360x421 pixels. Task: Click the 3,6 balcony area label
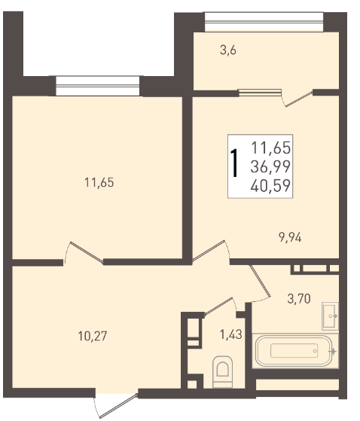(228, 50)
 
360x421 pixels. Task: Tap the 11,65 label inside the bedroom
(99, 182)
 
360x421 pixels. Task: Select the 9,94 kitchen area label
(290, 237)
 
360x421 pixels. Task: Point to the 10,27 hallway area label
(93, 336)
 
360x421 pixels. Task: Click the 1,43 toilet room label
(231, 334)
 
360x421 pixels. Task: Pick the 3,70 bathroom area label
(299, 298)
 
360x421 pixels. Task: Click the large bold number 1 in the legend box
(235, 163)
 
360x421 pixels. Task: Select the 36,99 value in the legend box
(270, 166)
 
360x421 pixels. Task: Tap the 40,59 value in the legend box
(270, 185)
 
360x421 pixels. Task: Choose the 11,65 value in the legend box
(271, 148)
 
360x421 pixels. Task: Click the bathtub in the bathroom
(294, 351)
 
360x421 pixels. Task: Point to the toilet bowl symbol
(222, 372)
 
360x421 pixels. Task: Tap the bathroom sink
(330, 316)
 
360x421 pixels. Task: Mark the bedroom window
(98, 86)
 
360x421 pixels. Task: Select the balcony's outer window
(264, 22)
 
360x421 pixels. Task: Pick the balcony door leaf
(299, 99)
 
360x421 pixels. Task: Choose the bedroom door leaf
(87, 252)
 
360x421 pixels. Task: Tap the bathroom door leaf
(260, 281)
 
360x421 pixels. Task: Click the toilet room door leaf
(218, 307)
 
